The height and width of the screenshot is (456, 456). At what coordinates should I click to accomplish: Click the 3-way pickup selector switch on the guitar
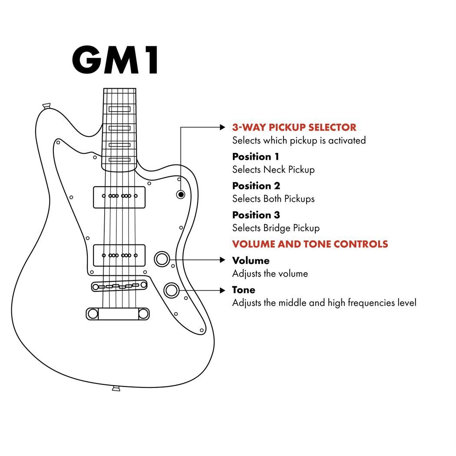[181, 195]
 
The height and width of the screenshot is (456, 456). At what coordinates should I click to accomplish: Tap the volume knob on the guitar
[162, 259]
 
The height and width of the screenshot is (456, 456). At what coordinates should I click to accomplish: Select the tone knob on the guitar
[171, 290]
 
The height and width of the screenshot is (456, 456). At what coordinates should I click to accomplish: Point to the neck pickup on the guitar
[119, 197]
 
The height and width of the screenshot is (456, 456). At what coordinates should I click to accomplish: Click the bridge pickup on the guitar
[119, 255]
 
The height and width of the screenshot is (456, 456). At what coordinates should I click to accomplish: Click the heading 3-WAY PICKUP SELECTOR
[294, 128]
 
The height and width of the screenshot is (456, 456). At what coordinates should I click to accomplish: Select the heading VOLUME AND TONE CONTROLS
[310, 244]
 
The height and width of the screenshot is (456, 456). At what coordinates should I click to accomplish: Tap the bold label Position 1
[255, 157]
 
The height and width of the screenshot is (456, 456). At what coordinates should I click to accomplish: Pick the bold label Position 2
[256, 186]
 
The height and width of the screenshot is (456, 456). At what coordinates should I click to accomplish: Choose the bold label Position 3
[256, 215]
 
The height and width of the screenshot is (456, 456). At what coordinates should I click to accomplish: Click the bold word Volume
[251, 261]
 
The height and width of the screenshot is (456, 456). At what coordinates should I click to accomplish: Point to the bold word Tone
[244, 290]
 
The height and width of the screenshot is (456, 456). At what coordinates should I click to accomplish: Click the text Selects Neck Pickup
[273, 169]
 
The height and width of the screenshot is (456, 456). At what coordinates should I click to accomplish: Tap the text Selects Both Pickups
[273, 199]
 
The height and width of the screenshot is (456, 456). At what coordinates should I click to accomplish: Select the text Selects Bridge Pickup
[276, 228]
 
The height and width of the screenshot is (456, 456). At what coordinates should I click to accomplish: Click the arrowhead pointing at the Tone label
[223, 290]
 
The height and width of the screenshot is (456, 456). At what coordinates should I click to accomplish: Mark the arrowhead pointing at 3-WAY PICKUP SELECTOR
[223, 128]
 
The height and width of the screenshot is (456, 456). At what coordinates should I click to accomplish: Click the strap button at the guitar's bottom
[116, 388]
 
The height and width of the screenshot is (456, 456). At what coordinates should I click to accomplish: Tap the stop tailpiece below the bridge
[118, 314]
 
